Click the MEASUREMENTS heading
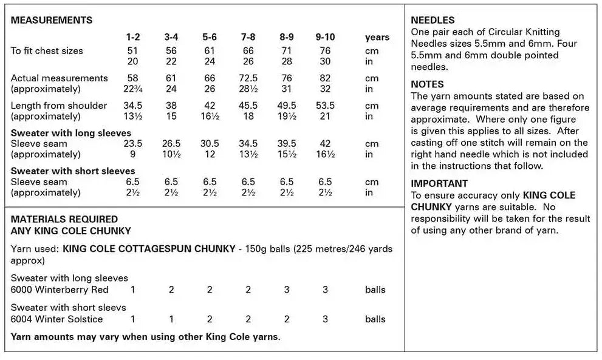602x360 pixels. click(x=52, y=20)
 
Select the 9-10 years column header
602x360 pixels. click(x=325, y=37)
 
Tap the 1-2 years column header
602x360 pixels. click(x=132, y=37)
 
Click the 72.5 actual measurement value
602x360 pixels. click(x=248, y=78)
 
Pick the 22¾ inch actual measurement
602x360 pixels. click(x=132, y=89)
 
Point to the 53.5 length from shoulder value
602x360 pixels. click(x=325, y=105)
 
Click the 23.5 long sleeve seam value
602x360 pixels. click(x=132, y=144)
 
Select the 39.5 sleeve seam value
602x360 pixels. click(x=287, y=144)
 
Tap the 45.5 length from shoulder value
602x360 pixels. click(x=248, y=105)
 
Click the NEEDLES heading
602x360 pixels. click(x=433, y=21)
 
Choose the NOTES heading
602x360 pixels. click(x=427, y=84)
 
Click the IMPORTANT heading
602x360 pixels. click(x=439, y=183)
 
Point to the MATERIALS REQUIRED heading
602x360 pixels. click(x=64, y=219)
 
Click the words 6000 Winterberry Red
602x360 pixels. click(x=60, y=290)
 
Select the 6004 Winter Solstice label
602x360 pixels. click(x=57, y=319)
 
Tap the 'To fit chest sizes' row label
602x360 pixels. click(x=47, y=50)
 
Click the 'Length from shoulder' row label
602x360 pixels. click(x=59, y=105)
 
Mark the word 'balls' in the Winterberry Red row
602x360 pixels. click(x=375, y=290)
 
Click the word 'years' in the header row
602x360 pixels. click(x=377, y=37)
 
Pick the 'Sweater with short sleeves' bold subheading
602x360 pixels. click(x=73, y=171)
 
